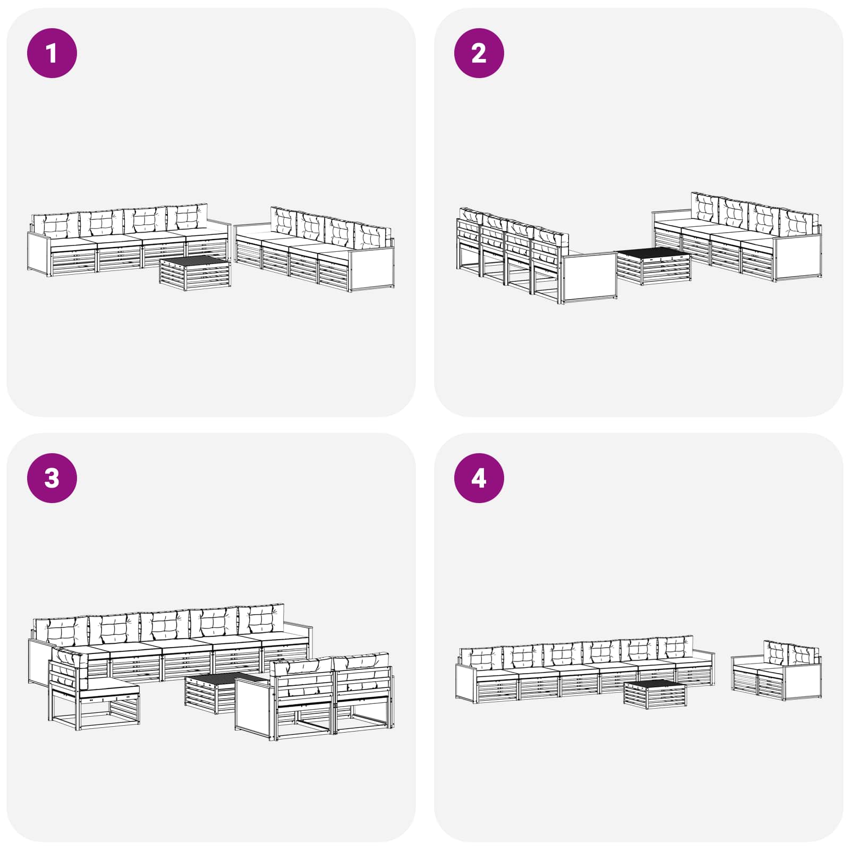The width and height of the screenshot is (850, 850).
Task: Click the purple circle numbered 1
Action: coord(52,53)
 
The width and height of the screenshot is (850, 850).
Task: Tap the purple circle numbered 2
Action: coord(479,53)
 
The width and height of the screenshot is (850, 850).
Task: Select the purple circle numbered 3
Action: coord(52,478)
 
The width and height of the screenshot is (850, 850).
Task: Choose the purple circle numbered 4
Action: coord(479,478)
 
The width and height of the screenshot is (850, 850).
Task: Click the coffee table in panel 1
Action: coord(195,273)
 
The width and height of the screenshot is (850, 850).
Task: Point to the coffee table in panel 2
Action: coord(653,266)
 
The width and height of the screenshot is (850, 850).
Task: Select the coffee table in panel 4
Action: coord(655,694)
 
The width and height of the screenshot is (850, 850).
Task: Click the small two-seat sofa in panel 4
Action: coord(777,670)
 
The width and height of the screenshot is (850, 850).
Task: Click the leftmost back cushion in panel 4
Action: coord(481,659)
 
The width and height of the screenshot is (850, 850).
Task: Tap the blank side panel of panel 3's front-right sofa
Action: coord(253,706)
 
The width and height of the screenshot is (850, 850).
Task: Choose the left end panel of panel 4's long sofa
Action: coord(465,683)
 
